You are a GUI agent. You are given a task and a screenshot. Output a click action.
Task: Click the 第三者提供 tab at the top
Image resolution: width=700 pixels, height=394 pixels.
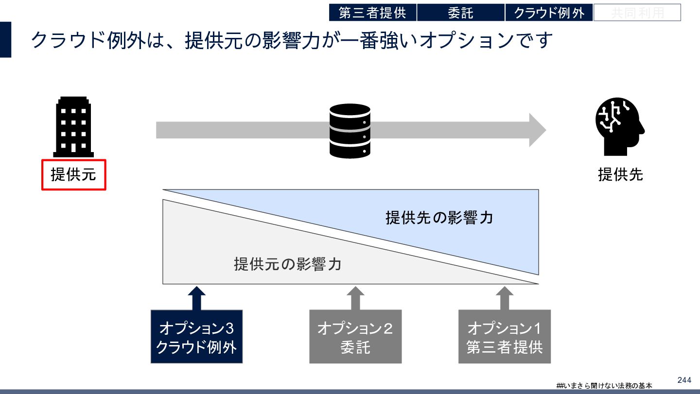coord(372,13)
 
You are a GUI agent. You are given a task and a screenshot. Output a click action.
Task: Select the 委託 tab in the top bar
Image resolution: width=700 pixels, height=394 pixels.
coord(460,13)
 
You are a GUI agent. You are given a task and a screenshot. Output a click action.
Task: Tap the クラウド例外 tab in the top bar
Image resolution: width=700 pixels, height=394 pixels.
coord(549,13)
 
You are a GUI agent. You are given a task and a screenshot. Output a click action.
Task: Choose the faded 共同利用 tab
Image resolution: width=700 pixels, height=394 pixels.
coord(637,13)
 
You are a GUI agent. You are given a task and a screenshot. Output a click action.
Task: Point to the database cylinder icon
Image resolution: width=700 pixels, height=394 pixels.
coord(350,131)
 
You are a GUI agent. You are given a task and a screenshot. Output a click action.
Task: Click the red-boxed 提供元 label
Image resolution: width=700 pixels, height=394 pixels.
coord(73,174)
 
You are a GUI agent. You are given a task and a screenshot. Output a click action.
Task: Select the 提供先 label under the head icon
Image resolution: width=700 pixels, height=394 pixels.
coord(620,174)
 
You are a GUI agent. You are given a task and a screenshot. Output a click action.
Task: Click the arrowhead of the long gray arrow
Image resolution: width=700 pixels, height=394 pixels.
coord(537,130)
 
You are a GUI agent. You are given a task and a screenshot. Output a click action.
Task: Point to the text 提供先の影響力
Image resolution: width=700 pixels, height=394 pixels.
coord(439,218)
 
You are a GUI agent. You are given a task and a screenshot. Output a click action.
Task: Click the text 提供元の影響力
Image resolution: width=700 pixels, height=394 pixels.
coord(287,265)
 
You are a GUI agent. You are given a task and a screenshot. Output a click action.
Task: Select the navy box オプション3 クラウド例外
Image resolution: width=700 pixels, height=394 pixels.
coord(196,337)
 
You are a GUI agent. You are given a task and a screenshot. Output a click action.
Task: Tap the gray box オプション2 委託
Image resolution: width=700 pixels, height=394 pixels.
coord(355,337)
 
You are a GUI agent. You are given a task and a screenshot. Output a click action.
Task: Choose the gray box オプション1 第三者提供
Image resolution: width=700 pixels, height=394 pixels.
coord(504,337)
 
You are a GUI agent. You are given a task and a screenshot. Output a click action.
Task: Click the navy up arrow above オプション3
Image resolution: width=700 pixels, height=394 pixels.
coord(196,297)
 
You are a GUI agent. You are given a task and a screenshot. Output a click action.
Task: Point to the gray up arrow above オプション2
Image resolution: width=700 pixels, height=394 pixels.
coord(355,297)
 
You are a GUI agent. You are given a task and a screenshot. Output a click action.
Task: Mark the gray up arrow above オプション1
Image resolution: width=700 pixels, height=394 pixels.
coord(504,297)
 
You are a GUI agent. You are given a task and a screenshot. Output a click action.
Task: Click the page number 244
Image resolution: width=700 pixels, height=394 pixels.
coord(684,380)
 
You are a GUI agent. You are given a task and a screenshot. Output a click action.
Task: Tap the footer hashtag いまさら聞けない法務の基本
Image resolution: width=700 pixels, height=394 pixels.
coord(604,385)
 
